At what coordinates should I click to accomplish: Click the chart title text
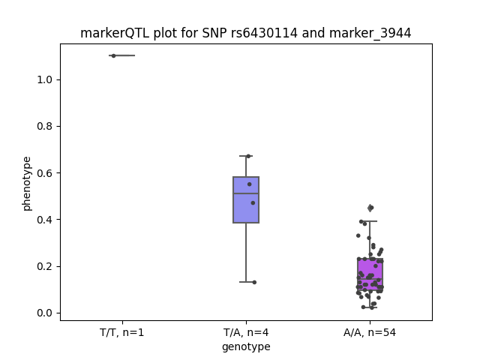[x=245, y=33]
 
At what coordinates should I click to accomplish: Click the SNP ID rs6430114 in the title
[x=264, y=33]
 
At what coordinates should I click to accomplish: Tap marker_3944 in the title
[x=370, y=33]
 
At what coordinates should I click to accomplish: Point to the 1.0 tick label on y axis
[x=44, y=79]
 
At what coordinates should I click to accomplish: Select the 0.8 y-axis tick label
[x=44, y=127]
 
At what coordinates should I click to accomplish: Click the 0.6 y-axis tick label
[x=44, y=173]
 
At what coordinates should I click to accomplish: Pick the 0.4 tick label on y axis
[x=44, y=220]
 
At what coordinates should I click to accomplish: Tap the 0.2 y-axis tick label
[x=44, y=266]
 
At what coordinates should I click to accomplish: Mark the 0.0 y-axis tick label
[x=44, y=313]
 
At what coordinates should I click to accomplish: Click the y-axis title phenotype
[x=27, y=184]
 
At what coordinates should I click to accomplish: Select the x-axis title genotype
[x=246, y=347]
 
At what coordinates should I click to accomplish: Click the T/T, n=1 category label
[x=121, y=332]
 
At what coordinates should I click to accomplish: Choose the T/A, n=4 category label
[x=246, y=332]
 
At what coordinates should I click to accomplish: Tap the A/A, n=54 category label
[x=370, y=332]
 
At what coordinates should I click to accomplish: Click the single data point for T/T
[x=113, y=55]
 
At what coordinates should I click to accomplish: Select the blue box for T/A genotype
[x=246, y=200]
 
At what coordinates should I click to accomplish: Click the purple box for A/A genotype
[x=370, y=274]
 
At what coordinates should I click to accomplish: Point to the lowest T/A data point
[x=254, y=282]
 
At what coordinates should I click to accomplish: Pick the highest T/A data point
[x=248, y=157]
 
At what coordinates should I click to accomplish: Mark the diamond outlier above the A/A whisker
[x=370, y=208]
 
